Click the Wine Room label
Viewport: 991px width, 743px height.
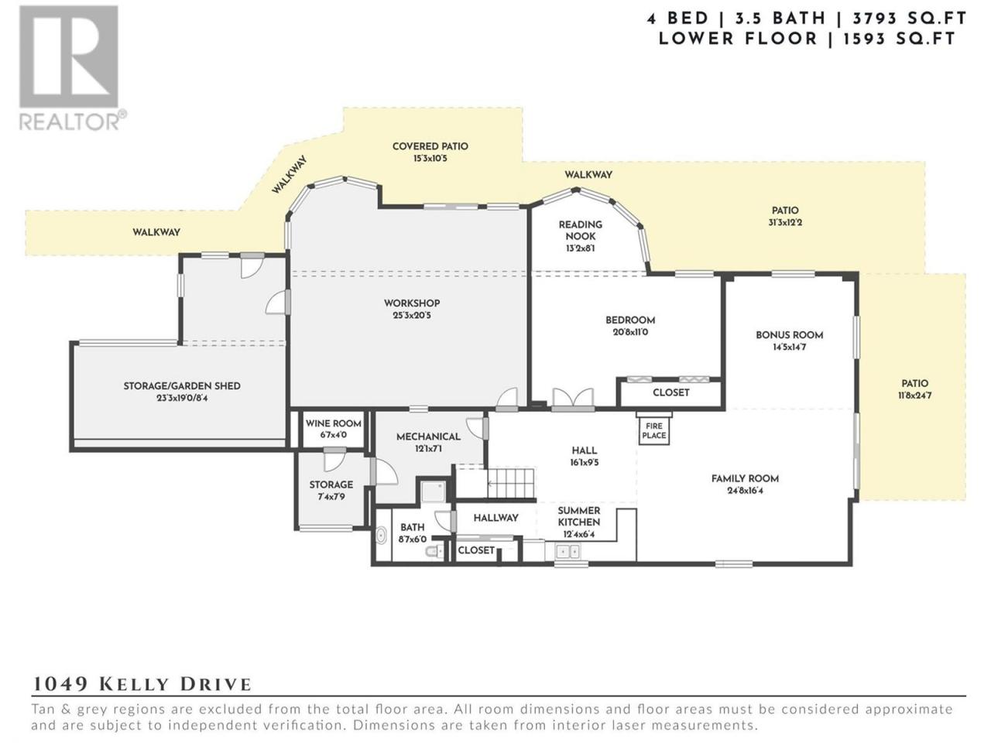click(x=333, y=423)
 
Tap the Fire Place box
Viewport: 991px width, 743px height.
click(x=653, y=431)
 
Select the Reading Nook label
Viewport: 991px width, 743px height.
click(x=580, y=230)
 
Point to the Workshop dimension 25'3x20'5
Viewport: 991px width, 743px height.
click(x=412, y=315)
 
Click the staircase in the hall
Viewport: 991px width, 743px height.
click(x=511, y=483)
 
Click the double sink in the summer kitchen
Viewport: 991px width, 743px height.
click(x=568, y=551)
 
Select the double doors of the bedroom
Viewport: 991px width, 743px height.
click(x=573, y=399)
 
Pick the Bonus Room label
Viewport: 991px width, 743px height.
click(x=789, y=334)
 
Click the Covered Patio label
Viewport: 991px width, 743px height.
click(x=430, y=146)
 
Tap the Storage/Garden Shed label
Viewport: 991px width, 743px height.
click(x=182, y=385)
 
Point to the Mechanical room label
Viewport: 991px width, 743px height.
click(x=428, y=437)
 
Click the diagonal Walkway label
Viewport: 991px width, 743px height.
click(x=290, y=175)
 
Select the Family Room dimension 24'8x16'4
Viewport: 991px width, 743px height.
click(x=745, y=491)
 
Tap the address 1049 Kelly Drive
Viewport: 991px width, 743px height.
click(x=142, y=684)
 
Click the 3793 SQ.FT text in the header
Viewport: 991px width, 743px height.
click(x=909, y=19)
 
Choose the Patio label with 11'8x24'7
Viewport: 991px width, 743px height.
click(x=914, y=383)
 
